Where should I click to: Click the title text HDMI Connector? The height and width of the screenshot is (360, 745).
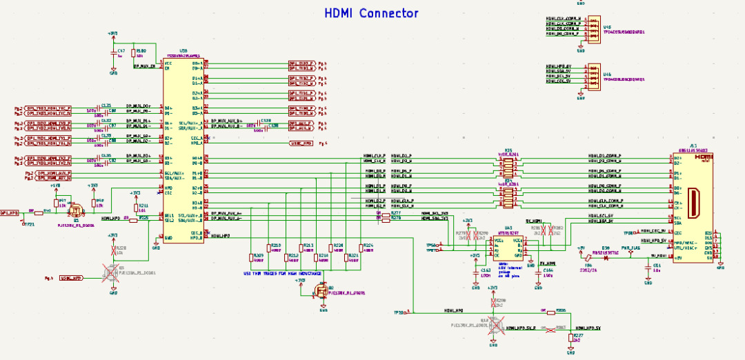372,13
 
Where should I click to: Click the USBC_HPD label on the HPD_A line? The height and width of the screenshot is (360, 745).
301,143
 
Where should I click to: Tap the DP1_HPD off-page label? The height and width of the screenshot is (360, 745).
10,213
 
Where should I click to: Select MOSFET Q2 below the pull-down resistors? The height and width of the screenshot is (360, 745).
319,292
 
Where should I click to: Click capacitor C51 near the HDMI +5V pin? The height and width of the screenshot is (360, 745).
648,266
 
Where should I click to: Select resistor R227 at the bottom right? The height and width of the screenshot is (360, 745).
570,337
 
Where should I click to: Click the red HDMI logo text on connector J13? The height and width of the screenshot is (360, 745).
702,157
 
